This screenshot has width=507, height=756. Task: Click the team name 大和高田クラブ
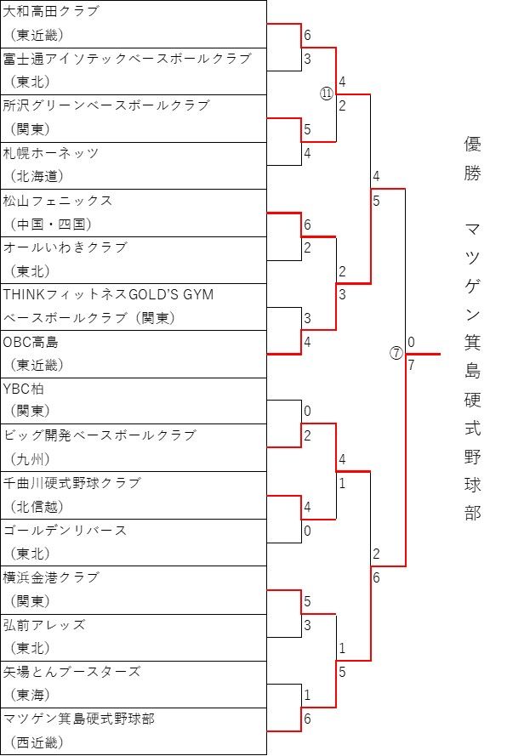coord(51,11)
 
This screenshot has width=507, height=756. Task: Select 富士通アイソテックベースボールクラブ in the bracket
coord(128,59)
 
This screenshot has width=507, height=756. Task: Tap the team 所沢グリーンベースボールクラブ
coord(106,105)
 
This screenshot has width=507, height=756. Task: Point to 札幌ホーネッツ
coord(51,153)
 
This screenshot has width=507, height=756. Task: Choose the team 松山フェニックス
coord(57,201)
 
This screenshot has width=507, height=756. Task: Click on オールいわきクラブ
coord(65,247)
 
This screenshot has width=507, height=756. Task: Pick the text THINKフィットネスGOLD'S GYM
coord(108,294)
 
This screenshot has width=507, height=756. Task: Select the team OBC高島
coord(31,342)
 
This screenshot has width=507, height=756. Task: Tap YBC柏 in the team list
coord(23,389)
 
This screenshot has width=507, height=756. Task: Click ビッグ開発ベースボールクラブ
coord(100,435)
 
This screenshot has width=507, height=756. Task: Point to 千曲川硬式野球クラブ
coord(71,483)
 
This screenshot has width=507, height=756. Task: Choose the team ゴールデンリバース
coord(65,531)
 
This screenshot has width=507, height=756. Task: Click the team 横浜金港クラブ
coord(51,577)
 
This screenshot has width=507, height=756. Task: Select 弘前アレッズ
coord(44,625)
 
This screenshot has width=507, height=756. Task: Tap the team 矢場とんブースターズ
coord(71,672)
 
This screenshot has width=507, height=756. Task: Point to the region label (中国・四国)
coord(51,225)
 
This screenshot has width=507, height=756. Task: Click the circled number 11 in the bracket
coord(327,94)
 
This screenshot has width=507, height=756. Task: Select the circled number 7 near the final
coord(396,354)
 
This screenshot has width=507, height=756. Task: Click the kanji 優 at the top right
coord(473,144)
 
